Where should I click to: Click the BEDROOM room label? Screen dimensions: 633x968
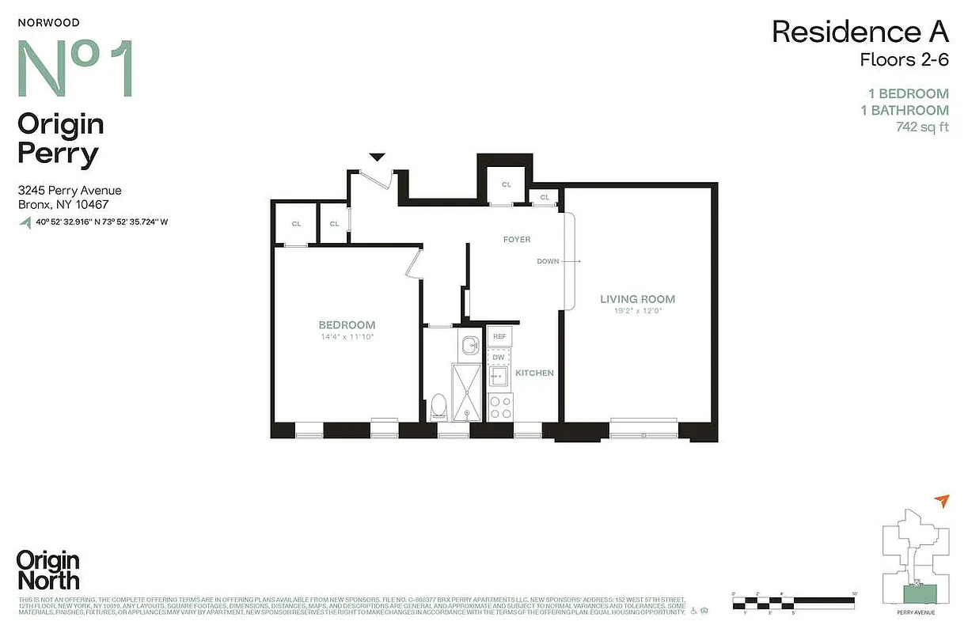347,325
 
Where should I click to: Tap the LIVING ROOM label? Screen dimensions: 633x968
637,299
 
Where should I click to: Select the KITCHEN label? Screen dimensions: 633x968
534,373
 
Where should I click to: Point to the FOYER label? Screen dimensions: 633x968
516,239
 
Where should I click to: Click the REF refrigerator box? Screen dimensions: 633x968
499,336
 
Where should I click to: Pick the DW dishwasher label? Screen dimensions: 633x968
499,358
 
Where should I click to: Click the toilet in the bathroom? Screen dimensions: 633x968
438,407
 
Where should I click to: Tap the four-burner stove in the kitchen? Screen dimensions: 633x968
499,407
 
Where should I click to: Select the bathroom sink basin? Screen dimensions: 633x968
471,345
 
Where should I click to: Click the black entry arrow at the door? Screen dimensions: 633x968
378,157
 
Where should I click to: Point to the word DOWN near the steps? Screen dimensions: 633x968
548,261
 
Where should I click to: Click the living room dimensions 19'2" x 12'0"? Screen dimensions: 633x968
637,311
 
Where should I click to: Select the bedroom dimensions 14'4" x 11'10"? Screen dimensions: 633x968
347,337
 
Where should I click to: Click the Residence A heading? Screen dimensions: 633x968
860,32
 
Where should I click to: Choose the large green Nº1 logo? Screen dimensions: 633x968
75,69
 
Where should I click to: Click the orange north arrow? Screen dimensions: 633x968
941,500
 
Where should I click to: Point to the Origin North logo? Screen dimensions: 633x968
48,570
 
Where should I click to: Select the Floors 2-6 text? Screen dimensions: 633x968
904,59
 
